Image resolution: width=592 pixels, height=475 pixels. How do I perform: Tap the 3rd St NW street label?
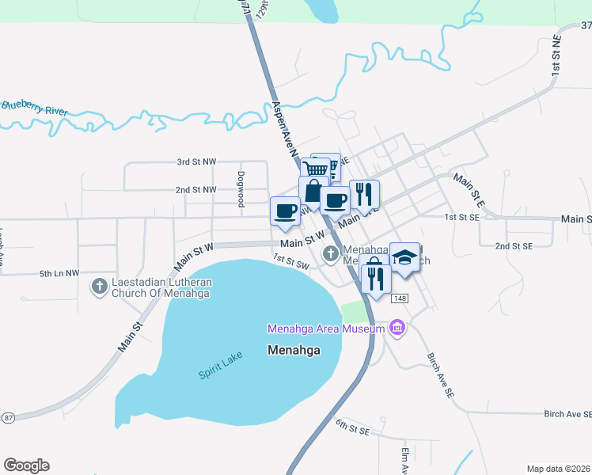click(x=196, y=161)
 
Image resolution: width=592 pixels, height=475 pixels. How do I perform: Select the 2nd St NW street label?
click(x=195, y=190)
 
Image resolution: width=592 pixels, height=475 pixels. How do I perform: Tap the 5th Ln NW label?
click(x=59, y=274)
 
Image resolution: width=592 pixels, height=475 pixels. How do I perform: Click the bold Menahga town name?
click(x=294, y=350)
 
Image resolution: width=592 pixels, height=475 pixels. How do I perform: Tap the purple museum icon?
click(x=397, y=328)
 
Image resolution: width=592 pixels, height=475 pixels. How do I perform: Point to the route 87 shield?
click(x=8, y=417)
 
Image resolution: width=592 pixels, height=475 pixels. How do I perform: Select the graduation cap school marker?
click(x=405, y=257)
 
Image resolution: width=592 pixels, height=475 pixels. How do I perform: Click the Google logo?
click(x=26, y=465)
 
